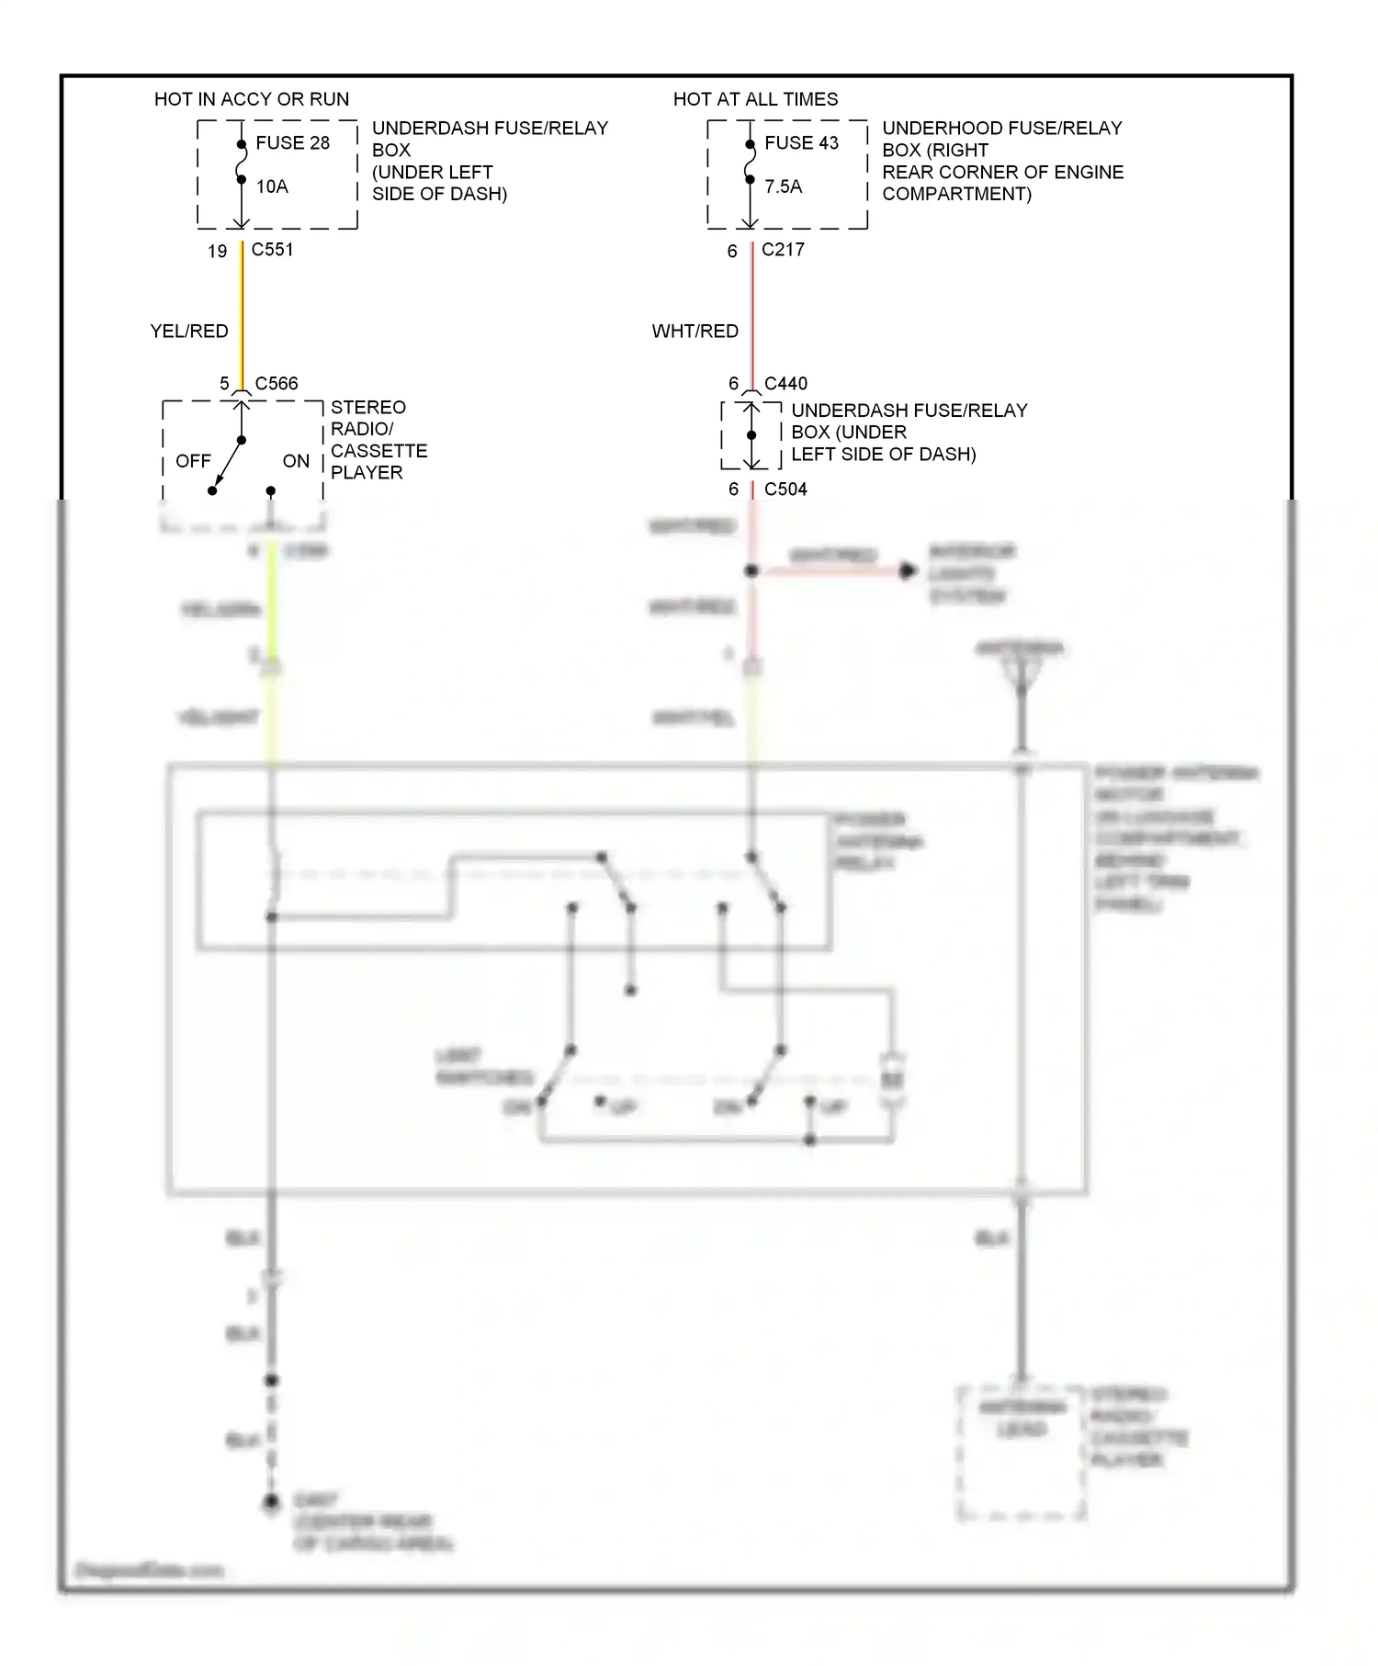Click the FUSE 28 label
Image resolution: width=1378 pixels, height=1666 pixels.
tap(292, 143)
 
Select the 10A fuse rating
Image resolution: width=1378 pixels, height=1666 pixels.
tap(272, 186)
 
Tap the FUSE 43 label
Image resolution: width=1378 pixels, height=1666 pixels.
tap(801, 143)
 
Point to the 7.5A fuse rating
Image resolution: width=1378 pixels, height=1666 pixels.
tap(783, 186)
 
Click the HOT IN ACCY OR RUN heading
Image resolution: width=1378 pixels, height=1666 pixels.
tap(252, 99)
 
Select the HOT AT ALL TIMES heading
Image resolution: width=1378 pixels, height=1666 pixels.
tap(755, 99)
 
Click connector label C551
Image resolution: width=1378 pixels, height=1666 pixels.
tap(272, 250)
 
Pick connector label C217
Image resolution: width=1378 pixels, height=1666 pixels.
tap(783, 250)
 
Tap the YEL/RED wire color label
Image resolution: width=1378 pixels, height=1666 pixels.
tap(189, 332)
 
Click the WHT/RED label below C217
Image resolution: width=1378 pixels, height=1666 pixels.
tap(695, 332)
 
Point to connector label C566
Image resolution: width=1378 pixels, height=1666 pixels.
tap(277, 384)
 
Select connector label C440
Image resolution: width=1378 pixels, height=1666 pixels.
tap(785, 384)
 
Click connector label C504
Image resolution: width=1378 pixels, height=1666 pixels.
tap(785, 490)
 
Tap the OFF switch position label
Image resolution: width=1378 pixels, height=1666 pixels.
tap(193, 461)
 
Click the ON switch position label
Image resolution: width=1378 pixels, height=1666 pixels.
tap(296, 461)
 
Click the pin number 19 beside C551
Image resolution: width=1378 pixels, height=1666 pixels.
tap(217, 252)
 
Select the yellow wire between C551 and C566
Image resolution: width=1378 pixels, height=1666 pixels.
tap(243, 312)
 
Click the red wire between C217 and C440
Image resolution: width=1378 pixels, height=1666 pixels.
tap(752, 312)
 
